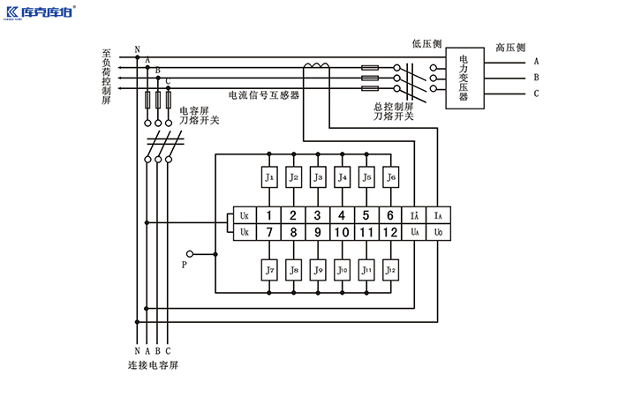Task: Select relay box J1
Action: coord(269,177)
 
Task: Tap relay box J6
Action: coord(391,177)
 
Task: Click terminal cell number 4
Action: coord(342,215)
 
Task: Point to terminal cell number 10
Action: coord(342,232)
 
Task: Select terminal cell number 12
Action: coord(390,232)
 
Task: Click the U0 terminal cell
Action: coord(439,232)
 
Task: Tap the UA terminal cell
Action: coord(415,232)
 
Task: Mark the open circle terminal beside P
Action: coord(189,254)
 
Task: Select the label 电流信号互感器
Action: coord(263,94)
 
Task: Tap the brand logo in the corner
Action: coord(40,13)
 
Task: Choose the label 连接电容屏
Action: coord(153,364)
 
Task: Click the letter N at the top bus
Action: coord(136,49)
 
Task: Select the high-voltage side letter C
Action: coord(536,94)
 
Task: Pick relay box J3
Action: coord(318,177)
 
